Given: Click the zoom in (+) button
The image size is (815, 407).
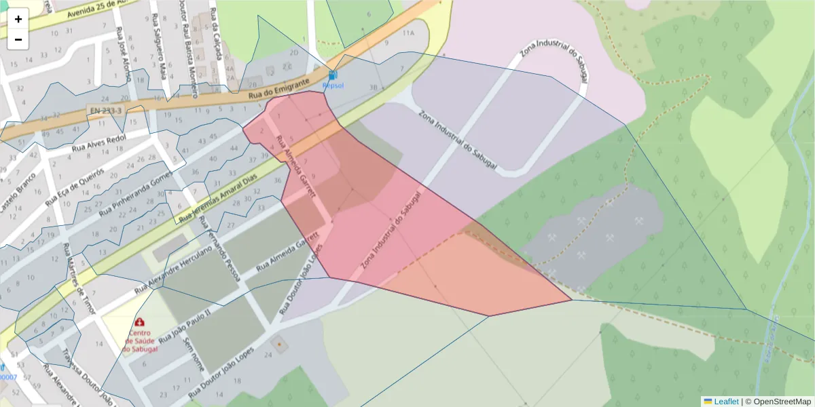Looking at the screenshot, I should (18, 19).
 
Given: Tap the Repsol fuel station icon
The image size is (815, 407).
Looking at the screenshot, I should (332, 75).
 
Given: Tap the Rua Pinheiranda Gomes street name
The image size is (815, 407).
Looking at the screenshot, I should (137, 194).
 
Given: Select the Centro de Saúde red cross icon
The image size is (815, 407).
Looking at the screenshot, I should (140, 322).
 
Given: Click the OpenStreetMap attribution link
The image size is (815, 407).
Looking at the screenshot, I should (778, 402).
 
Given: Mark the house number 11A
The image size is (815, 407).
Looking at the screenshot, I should (407, 32).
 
